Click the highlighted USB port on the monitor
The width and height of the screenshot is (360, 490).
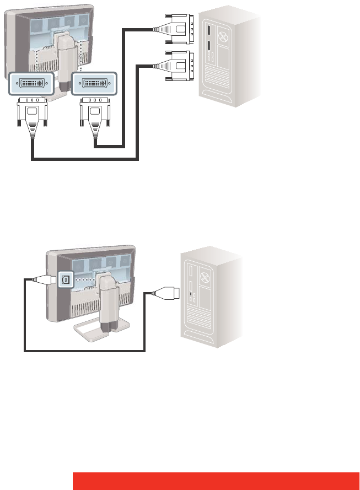point(65,279)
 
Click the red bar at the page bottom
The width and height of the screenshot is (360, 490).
point(216,480)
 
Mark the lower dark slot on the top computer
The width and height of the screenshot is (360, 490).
point(209,46)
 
